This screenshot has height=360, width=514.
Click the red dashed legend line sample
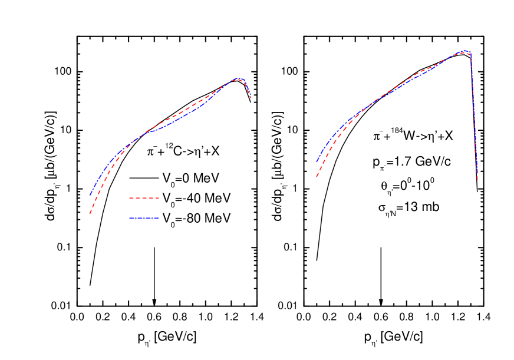click(144, 198)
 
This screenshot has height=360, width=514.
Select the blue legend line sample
click(144, 218)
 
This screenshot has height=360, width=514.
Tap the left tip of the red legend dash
click(130, 198)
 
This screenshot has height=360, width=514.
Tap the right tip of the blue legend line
click(159, 218)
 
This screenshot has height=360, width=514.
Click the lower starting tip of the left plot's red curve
click(90, 213)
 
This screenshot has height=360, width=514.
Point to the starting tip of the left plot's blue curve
click(90, 194)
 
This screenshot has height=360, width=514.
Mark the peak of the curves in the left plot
click(238, 78)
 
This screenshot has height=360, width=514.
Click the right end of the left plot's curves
click(251, 98)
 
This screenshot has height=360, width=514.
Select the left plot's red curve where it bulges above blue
click(177, 117)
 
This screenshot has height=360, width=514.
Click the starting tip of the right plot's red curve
click(317, 176)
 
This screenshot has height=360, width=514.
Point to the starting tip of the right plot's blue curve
click(317, 161)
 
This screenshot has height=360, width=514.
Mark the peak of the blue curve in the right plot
click(466, 51)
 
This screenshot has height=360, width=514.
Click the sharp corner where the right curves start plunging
click(470, 54)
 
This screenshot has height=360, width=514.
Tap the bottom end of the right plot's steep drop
click(477, 179)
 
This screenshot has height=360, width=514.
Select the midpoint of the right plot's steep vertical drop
click(474, 116)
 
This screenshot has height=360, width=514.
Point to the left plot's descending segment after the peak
click(247, 88)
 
